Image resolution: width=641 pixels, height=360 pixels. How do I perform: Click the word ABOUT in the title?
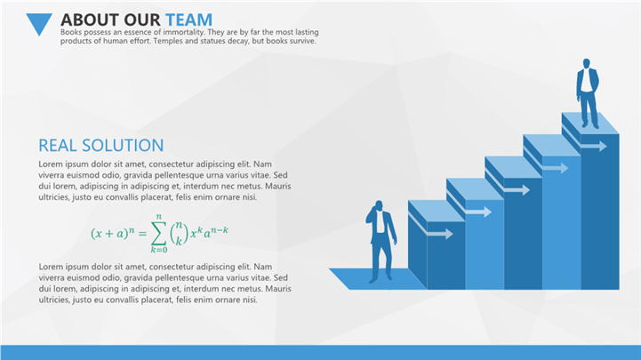90,20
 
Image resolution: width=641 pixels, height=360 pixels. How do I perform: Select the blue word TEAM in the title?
188,20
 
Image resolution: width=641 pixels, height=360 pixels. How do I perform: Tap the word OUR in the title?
142,20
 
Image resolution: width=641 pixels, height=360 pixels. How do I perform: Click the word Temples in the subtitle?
167,41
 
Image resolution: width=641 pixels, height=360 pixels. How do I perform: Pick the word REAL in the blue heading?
58,146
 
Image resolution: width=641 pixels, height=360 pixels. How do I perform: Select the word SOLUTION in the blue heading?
123,146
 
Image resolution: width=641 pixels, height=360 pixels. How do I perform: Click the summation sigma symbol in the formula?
158,234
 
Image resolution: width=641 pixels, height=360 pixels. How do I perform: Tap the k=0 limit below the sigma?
159,250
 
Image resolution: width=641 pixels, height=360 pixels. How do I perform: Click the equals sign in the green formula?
142,234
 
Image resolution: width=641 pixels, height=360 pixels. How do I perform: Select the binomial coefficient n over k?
179,233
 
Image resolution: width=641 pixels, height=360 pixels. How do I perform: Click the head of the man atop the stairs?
586,63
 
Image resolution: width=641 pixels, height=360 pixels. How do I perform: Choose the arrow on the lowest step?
430,228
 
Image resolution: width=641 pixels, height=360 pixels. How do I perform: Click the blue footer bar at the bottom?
320,352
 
